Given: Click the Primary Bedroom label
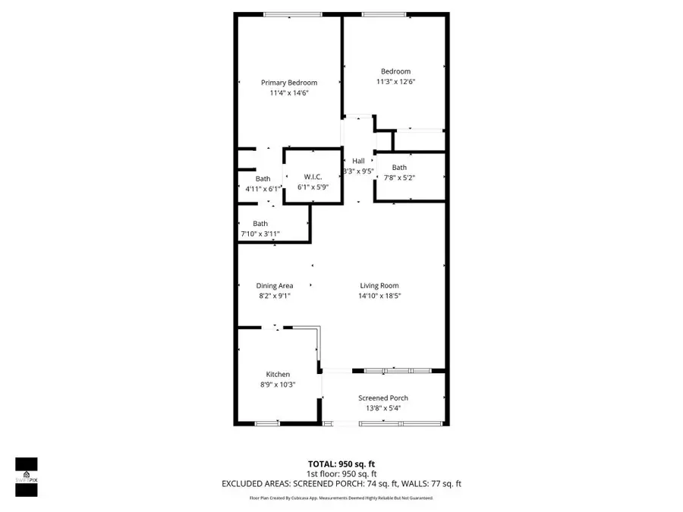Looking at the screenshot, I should point(289,83).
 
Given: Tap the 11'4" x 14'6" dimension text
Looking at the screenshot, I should point(289,93).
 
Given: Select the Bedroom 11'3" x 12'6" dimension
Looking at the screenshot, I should point(395,82).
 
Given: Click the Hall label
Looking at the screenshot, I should point(358,161).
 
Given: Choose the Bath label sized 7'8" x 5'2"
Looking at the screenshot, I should point(399,168).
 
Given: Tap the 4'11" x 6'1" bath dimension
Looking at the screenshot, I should point(262,189).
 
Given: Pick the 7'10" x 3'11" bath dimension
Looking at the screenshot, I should point(260,234).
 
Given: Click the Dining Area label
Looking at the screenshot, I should point(275,286).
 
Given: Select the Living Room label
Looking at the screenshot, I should point(379,286).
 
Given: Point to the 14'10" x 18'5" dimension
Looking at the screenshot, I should point(379,296).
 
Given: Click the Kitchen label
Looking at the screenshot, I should point(278,375).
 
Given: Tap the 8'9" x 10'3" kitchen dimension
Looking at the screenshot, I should point(278,385).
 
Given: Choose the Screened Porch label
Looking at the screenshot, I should point(383,398).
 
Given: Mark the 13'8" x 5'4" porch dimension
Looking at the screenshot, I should point(383,408).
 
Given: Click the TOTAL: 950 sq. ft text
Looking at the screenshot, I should point(341,463).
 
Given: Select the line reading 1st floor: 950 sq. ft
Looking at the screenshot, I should point(341,473).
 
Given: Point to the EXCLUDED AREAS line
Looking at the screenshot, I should point(341,483).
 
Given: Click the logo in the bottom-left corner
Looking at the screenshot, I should point(27,477).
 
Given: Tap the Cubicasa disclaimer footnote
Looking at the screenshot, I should point(341,498).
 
